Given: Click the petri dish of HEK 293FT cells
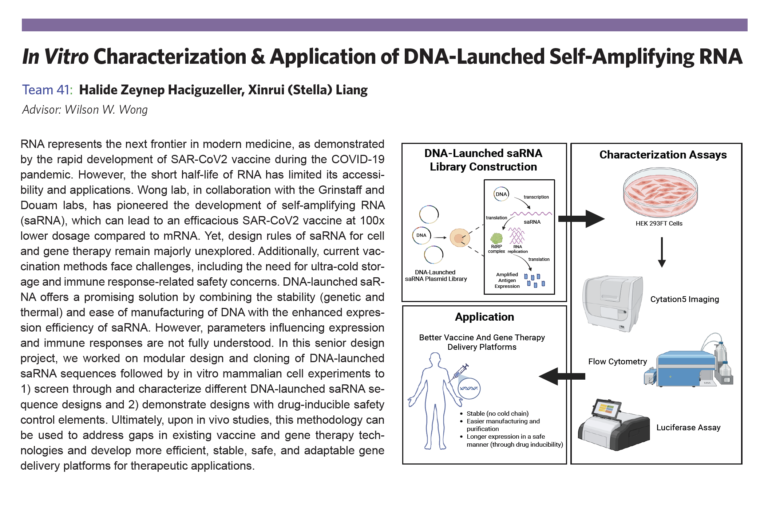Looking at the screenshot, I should click(x=660, y=193).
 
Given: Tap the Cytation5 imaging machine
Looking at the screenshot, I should click(x=613, y=304).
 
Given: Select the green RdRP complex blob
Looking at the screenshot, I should click(x=496, y=239).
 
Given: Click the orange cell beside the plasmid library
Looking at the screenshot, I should click(x=460, y=238).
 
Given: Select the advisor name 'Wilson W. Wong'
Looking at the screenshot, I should click(x=106, y=110).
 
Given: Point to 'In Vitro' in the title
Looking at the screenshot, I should click(x=55, y=57).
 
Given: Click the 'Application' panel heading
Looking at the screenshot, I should click(x=484, y=317).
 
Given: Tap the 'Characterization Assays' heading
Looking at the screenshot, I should click(x=663, y=155).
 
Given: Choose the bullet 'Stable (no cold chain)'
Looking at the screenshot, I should click(x=497, y=414).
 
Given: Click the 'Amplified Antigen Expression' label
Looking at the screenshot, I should click(x=507, y=280).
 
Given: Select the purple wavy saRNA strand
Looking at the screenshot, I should click(x=531, y=214).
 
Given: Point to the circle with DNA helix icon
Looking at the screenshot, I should click(x=469, y=388).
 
